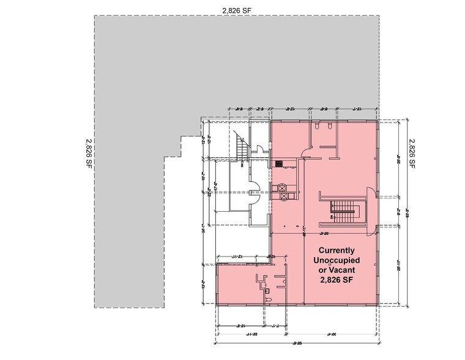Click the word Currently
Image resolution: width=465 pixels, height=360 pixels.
coord(335,250)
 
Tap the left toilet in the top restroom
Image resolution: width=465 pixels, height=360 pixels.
coord(318,126)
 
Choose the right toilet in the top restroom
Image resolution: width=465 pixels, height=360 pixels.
coord(330,126)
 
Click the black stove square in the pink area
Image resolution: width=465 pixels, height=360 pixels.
coord(278,164)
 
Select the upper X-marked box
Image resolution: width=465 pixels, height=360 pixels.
coord(283,189)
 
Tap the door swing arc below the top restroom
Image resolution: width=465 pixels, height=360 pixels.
coord(304,153)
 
